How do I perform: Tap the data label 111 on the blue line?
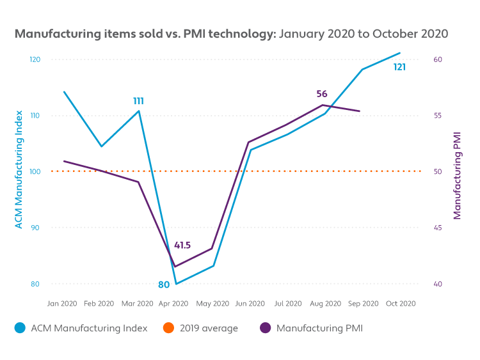point(138,101)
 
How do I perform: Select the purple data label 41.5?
point(182,246)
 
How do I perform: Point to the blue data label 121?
point(399,67)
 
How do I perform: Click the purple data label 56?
point(321,94)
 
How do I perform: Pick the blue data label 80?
point(164,285)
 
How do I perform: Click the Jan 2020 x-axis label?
point(62,303)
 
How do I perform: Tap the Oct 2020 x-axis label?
point(400,303)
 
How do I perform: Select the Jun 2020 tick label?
point(250,303)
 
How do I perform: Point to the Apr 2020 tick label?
point(173,303)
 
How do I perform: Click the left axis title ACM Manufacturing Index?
point(19,171)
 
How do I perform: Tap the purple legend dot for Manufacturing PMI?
point(265,328)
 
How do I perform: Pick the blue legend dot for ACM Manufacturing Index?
point(19,328)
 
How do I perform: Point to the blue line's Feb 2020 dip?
point(100,146)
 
